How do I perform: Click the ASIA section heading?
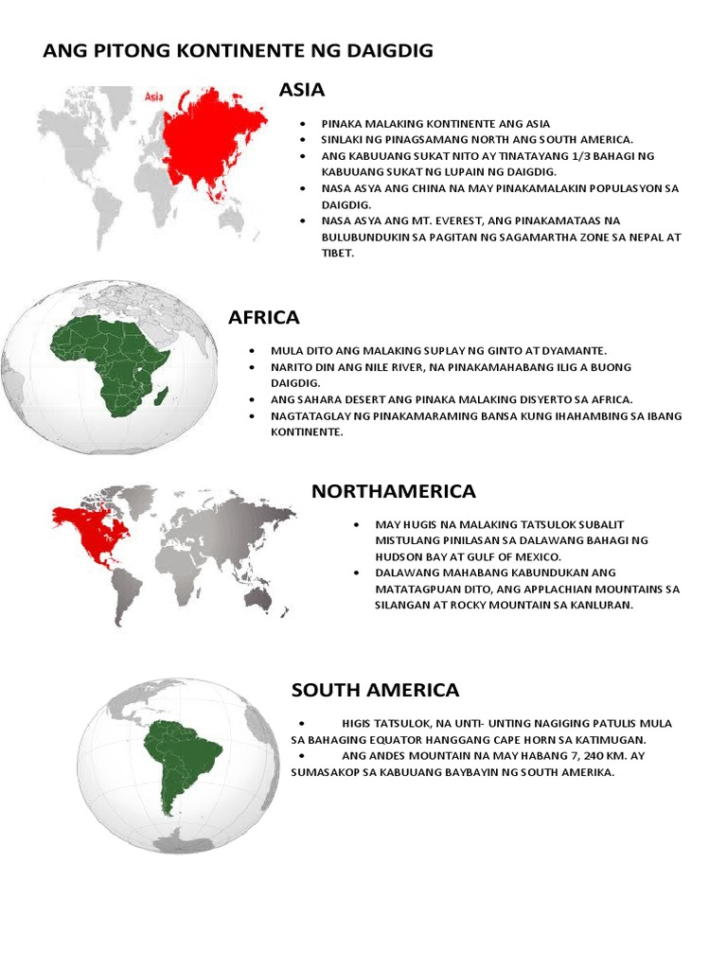pos(302,90)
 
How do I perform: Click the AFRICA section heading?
pos(263,318)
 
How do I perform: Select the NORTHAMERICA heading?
pos(393,491)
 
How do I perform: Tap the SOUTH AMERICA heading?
pos(375,690)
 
